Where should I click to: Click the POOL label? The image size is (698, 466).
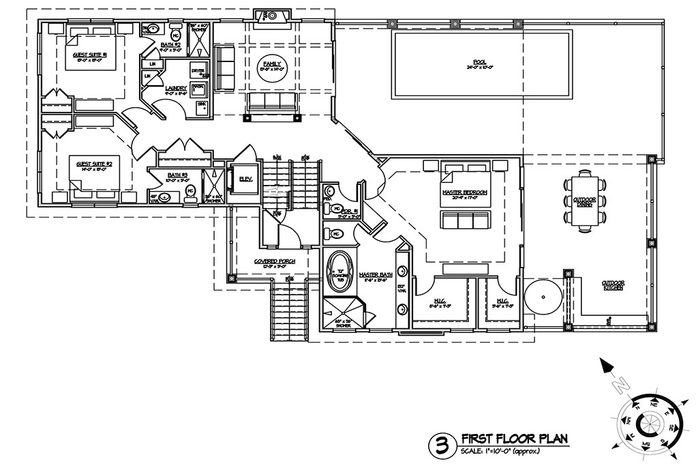click(481, 60)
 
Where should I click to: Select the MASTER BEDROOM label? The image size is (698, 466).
click(464, 192)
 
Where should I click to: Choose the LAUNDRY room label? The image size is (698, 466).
click(176, 88)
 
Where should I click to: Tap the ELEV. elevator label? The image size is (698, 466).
click(246, 179)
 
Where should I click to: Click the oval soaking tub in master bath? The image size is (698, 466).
click(339, 272)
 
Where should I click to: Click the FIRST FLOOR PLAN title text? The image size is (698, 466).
click(514, 438)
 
